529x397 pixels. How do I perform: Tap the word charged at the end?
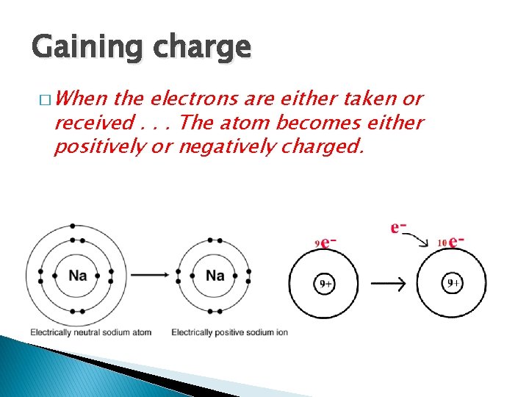coord(328,146)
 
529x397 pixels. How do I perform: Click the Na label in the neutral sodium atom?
coord(78,276)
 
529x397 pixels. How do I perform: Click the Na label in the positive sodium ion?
coord(215,276)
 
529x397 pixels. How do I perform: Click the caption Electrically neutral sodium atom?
coord(90,332)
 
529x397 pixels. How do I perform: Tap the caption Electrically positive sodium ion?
coord(229,332)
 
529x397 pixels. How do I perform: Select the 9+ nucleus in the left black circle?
coord(324,283)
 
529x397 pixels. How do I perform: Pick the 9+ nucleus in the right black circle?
coord(453,283)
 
